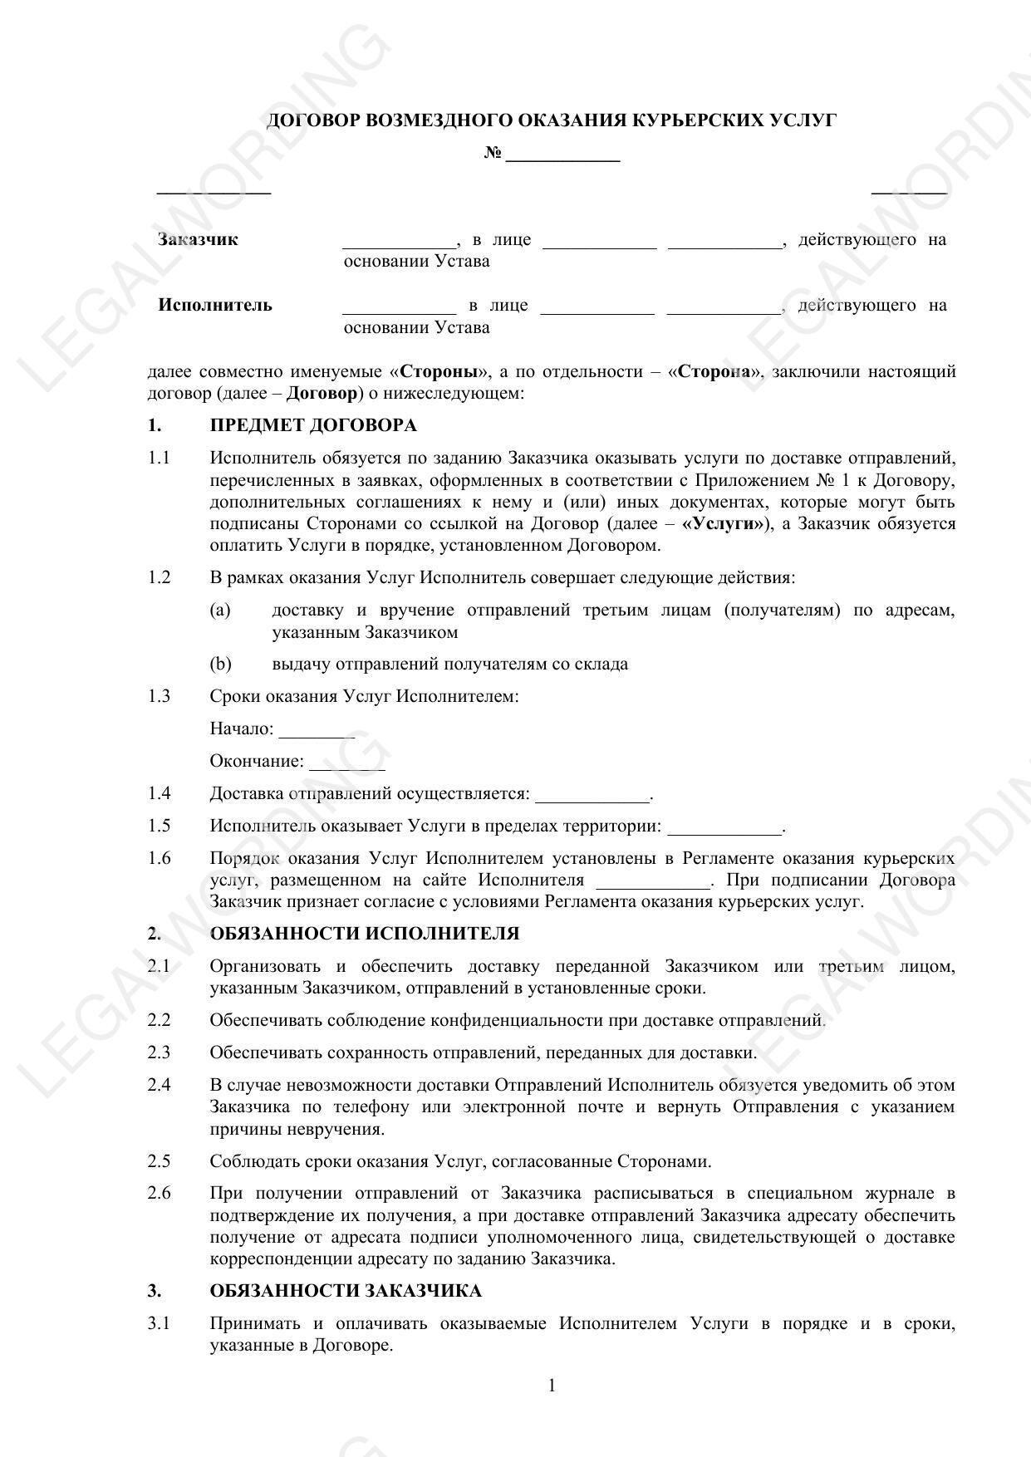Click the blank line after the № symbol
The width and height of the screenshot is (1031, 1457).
[x=562, y=157]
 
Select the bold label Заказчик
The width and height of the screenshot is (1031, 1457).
[x=198, y=240]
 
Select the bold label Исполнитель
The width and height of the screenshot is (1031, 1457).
[x=215, y=305]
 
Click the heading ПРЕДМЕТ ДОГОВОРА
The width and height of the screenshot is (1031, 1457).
[x=313, y=425]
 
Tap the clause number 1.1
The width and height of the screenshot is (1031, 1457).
[x=160, y=458]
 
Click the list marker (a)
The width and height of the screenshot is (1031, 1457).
[x=220, y=611]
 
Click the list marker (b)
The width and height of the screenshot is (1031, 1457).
[x=220, y=664]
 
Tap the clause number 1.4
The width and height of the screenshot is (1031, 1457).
[x=160, y=793]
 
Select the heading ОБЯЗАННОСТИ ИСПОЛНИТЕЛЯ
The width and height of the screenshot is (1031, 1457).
[x=365, y=934]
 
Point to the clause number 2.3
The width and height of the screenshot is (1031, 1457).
[x=160, y=1052]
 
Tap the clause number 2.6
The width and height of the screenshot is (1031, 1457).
[x=160, y=1194]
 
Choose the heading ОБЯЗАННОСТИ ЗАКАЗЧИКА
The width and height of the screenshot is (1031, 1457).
[x=346, y=1291]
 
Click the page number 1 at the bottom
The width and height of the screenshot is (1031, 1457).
[x=552, y=1386]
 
